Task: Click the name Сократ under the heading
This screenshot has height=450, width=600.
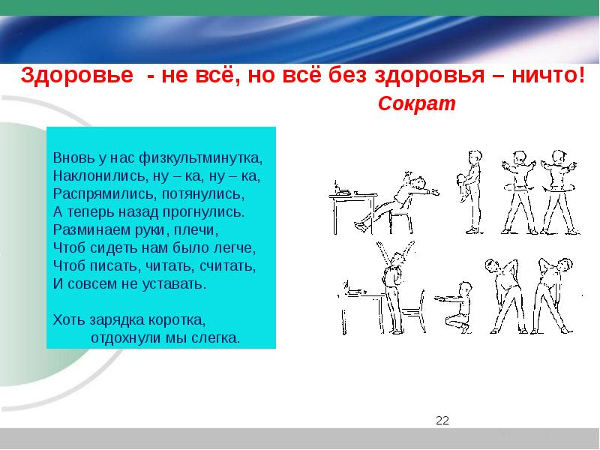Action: click(417, 103)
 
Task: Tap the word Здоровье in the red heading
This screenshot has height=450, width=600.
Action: click(77, 75)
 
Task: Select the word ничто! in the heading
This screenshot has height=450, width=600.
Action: click(548, 74)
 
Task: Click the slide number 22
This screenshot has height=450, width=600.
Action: click(442, 420)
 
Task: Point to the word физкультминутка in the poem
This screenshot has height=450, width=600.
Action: click(201, 157)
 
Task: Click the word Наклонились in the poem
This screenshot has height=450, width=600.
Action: click(101, 175)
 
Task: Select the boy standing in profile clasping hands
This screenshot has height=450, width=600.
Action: click(470, 191)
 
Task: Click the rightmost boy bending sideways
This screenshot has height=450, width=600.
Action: click(553, 295)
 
